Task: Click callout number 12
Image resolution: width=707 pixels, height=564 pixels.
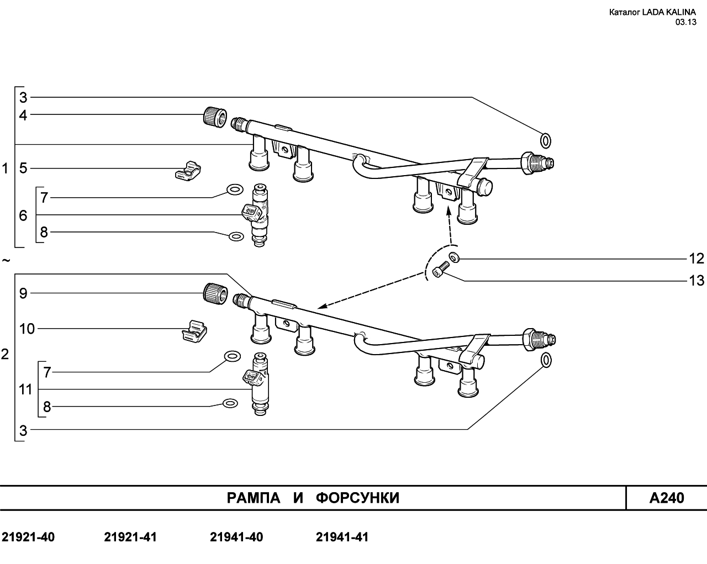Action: coord(697,259)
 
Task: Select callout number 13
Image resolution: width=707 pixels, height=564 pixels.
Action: coord(697,281)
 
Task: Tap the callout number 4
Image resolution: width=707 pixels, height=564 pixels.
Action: coord(23,115)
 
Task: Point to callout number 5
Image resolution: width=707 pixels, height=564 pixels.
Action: coord(23,168)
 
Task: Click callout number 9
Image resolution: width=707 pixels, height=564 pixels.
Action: coord(23,293)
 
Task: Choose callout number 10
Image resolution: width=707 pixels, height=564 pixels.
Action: coord(27,329)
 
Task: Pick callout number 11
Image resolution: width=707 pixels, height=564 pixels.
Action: coord(25,389)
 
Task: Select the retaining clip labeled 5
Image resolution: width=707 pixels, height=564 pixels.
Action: coord(188,171)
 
